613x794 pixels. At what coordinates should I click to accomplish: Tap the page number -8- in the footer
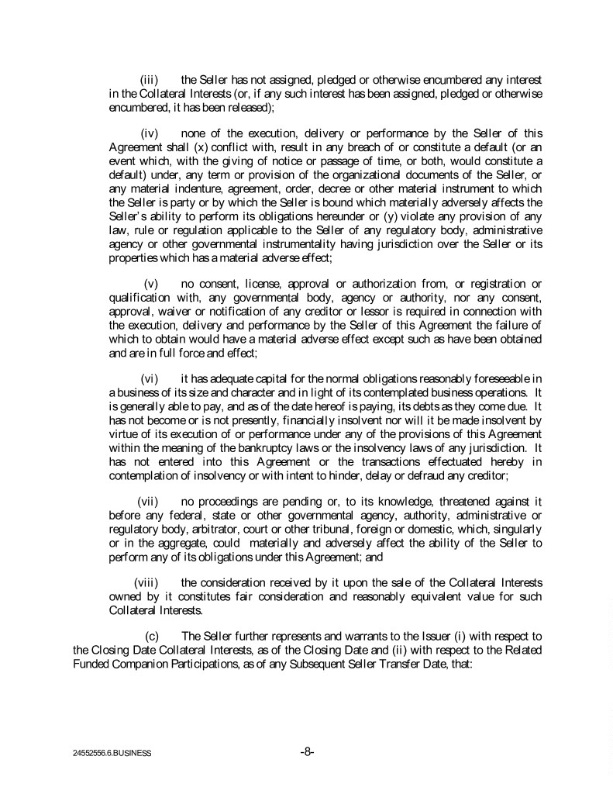(306, 751)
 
